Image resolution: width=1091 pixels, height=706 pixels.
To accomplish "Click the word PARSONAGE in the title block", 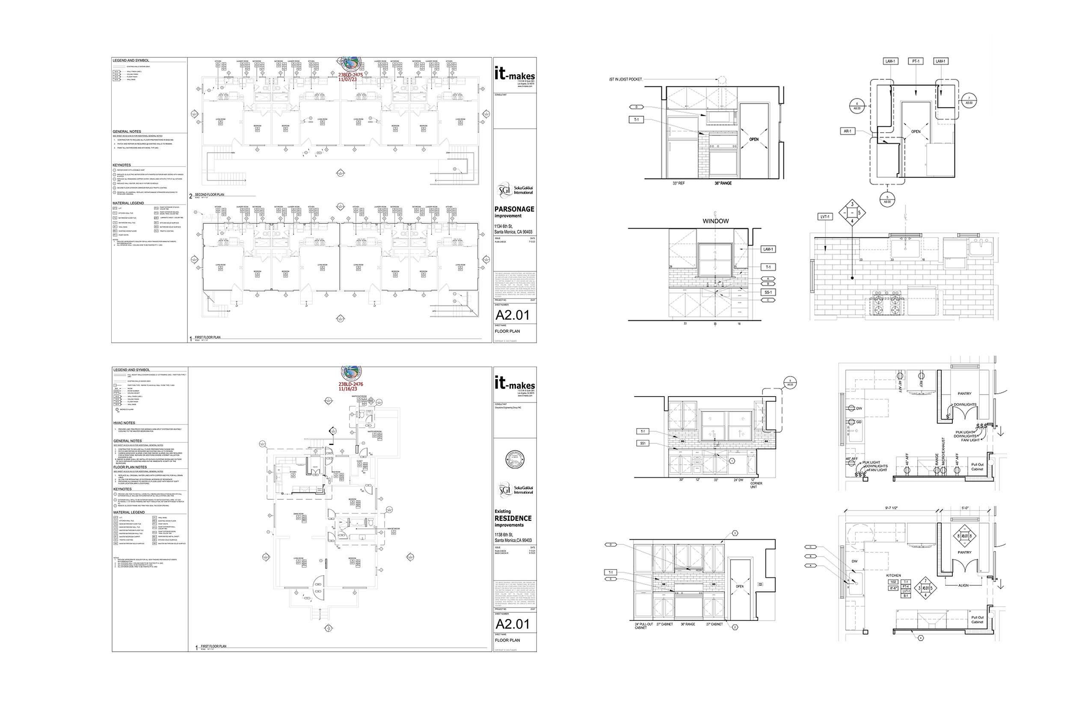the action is (x=514, y=209).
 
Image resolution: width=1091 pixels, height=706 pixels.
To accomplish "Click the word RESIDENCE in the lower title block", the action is (x=513, y=518).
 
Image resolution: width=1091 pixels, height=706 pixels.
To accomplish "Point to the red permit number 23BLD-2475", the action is (x=350, y=74).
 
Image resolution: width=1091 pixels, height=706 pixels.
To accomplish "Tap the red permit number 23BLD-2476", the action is (x=351, y=384).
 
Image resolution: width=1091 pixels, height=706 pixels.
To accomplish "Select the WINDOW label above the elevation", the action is (x=715, y=221).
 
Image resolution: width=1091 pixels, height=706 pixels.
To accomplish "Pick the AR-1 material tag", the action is (x=848, y=131).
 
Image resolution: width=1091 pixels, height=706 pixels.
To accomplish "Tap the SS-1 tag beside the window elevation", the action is (x=768, y=292).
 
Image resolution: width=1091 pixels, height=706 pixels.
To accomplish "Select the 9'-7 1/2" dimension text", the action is (x=886, y=508).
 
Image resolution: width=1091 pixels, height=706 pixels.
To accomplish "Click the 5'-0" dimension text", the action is (x=965, y=508).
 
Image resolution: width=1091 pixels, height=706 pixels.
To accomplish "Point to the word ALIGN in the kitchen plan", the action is (x=963, y=585).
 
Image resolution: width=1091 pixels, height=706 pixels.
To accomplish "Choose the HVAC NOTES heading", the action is (x=124, y=423).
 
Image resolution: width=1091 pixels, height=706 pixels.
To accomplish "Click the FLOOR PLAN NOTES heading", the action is (x=130, y=467).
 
